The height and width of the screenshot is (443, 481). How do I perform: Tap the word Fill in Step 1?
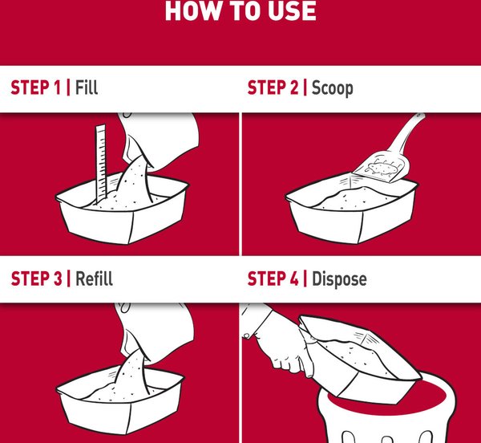tap(87, 87)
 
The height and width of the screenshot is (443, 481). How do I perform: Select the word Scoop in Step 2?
tap(332, 88)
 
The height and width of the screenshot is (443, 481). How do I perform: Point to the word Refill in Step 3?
tap(94, 278)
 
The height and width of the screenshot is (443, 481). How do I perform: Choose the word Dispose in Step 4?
tap(339, 279)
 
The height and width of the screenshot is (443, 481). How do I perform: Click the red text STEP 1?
tap(36, 87)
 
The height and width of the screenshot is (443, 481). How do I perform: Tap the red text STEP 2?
tap(273, 87)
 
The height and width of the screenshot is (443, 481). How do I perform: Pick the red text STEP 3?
tap(37, 278)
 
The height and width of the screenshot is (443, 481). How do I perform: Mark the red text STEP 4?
tap(273, 278)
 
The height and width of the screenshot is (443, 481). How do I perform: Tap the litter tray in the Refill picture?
tap(120, 399)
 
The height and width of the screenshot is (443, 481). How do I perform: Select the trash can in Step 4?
tap(386, 412)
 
